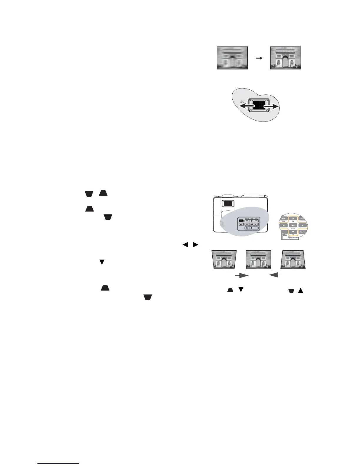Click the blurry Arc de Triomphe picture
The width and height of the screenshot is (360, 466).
tap(232, 58)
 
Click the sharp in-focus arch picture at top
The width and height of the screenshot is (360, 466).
tap(285, 58)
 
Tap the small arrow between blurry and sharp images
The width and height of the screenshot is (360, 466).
tap(259, 58)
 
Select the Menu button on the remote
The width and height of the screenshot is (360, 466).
tap(284, 219)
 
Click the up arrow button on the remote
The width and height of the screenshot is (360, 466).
tap(293, 219)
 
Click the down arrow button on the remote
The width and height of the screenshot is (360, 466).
tap(293, 232)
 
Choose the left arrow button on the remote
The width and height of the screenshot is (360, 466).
tap(284, 225)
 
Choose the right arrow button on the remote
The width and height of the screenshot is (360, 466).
tap(303, 225)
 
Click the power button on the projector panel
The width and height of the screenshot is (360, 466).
tap(241, 224)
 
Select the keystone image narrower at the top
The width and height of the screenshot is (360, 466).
tap(293, 259)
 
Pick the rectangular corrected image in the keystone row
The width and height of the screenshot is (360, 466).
tap(258, 259)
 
